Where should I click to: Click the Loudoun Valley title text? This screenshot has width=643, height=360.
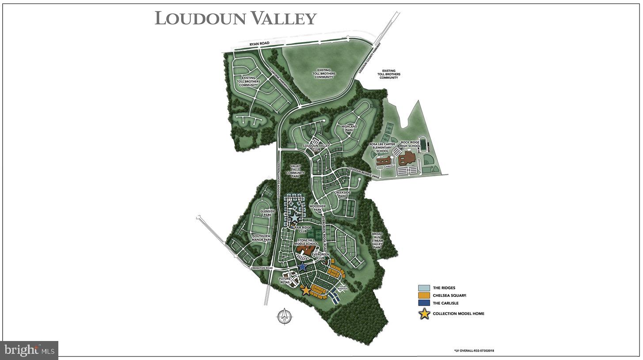pos(236,19)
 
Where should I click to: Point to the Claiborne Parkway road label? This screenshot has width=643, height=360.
pos(279,81)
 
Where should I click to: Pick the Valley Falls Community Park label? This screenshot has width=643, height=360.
pos(295,171)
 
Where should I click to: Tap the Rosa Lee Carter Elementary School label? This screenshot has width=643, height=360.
pos(382,148)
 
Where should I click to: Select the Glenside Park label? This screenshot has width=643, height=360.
pos(268,213)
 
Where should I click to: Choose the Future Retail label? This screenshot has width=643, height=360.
pos(285,280)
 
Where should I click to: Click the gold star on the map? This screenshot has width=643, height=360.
pos(306,290)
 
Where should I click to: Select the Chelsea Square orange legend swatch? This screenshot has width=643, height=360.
pos(424,296)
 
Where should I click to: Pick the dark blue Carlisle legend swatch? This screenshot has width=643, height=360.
pos(424,303)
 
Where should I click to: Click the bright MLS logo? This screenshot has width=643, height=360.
pos(30,350)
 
